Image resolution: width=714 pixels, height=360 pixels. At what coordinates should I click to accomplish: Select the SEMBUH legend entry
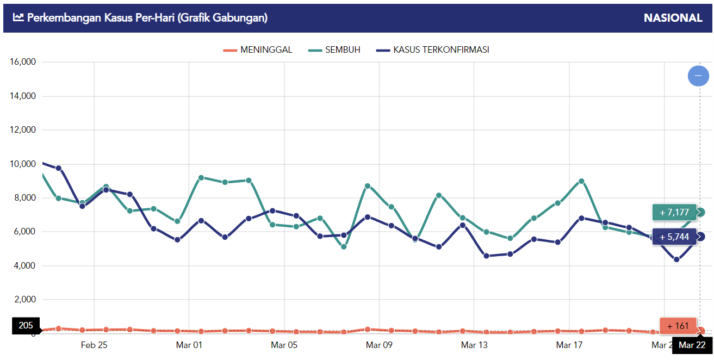coord(334,50)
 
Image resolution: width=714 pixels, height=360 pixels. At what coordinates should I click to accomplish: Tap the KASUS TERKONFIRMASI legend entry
coord(432,50)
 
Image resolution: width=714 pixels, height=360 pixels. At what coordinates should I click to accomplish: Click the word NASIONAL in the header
coord(673,18)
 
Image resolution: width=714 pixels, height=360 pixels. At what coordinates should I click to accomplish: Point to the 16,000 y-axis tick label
coord(23,62)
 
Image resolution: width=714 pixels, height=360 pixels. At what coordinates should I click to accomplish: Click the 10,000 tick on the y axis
coord(23,164)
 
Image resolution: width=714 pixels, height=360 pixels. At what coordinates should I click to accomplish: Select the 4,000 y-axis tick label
coord(24,266)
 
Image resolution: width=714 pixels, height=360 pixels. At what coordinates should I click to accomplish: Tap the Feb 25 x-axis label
coord(94,345)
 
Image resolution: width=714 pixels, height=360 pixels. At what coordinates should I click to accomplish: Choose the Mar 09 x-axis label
coord(379,345)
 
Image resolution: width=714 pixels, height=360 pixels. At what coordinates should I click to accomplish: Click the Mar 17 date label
coord(569,345)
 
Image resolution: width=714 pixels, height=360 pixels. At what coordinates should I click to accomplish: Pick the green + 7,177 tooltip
coord(674,213)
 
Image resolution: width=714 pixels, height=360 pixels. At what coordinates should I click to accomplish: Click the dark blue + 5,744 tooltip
coord(674,237)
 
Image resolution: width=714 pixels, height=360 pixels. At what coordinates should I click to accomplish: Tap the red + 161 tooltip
coord(678,326)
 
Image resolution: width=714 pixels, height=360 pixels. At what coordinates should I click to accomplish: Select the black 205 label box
coord(26,326)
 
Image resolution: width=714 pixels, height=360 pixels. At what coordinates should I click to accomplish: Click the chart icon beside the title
coord(18,18)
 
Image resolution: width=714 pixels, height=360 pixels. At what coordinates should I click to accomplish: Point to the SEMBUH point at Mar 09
coord(368,186)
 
